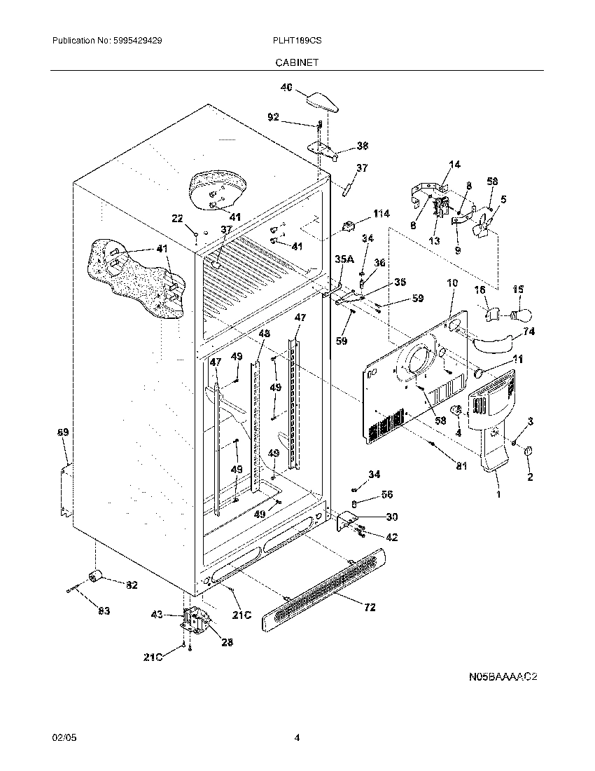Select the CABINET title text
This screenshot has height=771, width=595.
point(297,62)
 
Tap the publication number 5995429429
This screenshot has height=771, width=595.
point(137,41)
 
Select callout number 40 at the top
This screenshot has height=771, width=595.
point(286,88)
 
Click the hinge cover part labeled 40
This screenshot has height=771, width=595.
point(323,100)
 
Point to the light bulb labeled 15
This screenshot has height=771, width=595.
point(521,313)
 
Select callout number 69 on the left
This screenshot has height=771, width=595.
point(63,433)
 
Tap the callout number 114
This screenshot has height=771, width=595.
point(381,213)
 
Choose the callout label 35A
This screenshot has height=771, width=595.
point(344,259)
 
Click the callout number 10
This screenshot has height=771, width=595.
point(451,283)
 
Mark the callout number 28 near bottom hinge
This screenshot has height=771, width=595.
point(227,642)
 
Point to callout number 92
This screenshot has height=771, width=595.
point(274,117)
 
